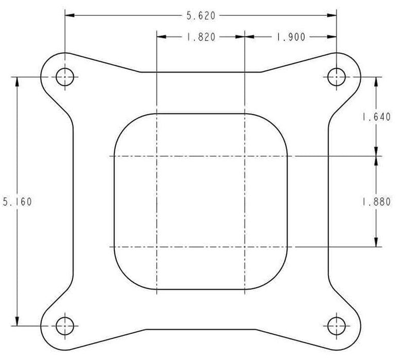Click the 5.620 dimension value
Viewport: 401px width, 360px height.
point(200,16)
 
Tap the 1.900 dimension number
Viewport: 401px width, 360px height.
point(291,37)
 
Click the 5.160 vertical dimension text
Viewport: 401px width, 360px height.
point(17,202)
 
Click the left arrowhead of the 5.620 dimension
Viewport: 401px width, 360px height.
point(69,16)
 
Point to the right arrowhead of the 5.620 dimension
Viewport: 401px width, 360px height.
point(333,16)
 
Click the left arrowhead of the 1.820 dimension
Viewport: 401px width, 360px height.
point(160,37)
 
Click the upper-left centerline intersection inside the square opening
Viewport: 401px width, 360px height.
point(156,156)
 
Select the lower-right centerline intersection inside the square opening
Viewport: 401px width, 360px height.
point(244,247)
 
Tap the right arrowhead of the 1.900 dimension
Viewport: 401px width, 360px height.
point(333,37)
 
